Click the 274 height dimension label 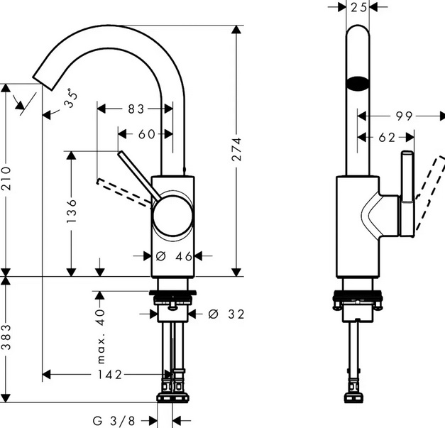pyautogui.click(x=238, y=150)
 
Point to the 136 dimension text pyautogui.click(x=72, y=211)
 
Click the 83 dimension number pyautogui.click(x=136, y=109)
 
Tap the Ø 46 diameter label pyautogui.click(x=173, y=256)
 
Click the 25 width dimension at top pyautogui.click(x=359, y=8)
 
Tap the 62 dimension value pyautogui.click(x=386, y=138)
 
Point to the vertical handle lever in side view pyautogui.click(x=408, y=192)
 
